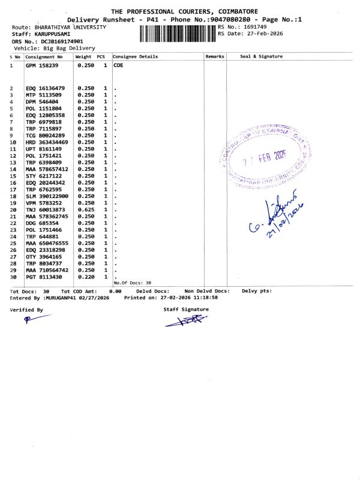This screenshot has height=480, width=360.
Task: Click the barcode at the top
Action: [x=177, y=32]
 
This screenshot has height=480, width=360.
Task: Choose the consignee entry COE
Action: [x=118, y=65]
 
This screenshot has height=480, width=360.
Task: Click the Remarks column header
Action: [x=214, y=56]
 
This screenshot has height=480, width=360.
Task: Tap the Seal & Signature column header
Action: [x=261, y=56]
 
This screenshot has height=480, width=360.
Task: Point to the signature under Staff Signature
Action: [x=185, y=321]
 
